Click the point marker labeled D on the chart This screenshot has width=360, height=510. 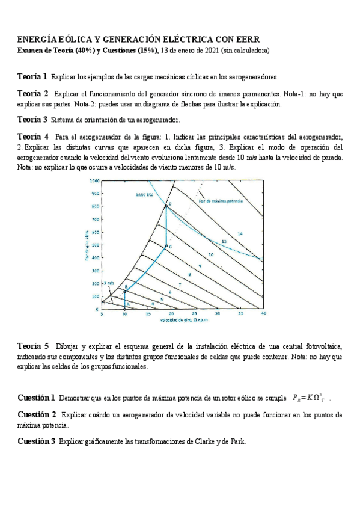click(166, 206)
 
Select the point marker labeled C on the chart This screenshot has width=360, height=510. click(166, 246)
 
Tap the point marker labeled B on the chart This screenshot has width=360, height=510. click(125, 290)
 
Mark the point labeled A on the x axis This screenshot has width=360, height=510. click(125, 309)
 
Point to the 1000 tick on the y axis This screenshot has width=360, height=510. click(94, 180)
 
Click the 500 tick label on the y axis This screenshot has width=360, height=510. click(95, 245)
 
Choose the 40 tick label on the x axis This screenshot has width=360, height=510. click(263, 314)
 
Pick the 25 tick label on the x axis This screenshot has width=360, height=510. click(194, 314)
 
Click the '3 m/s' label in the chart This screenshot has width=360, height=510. click(108, 283)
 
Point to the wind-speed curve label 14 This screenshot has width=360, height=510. click(239, 233)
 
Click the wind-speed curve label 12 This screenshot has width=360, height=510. click(224, 241)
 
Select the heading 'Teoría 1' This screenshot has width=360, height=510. click(32, 77)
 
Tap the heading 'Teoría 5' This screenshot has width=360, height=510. click(33, 346)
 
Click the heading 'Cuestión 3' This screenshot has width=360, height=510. click(37, 441)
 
